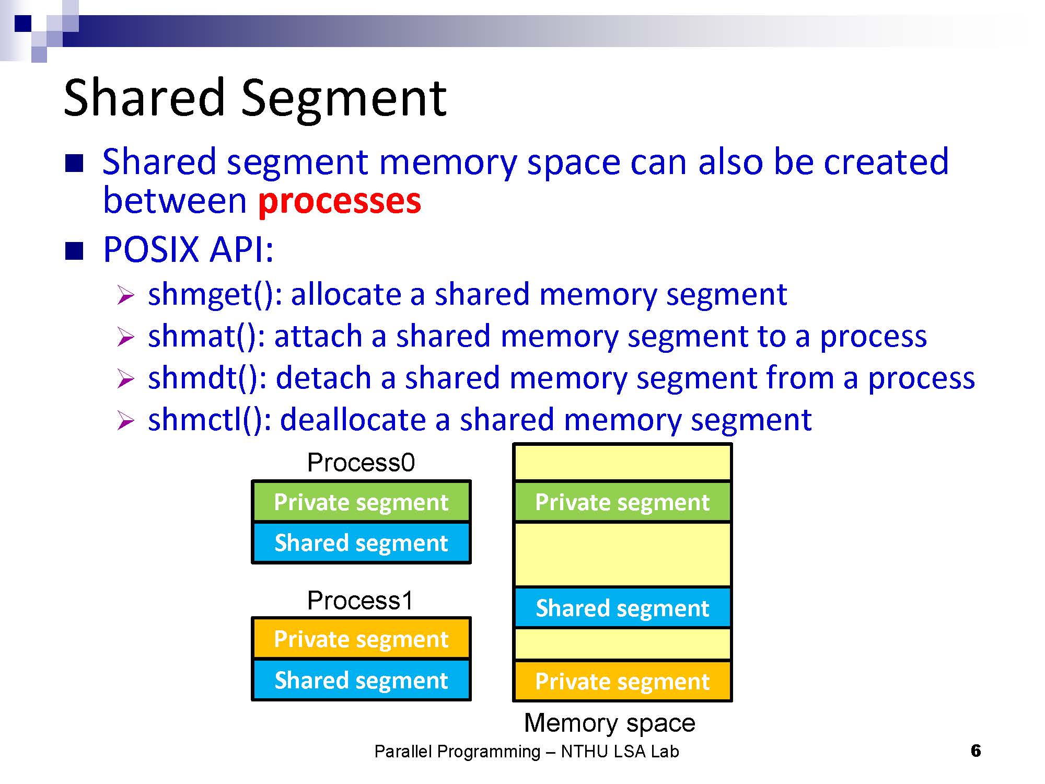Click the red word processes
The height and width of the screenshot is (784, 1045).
[340, 201]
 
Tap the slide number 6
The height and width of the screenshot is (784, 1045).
[976, 751]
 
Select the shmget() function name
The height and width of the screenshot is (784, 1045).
[212, 294]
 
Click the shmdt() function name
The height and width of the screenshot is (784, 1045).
[204, 378]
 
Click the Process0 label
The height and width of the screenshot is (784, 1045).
[361, 463]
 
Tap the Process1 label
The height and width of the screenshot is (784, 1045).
[360, 600]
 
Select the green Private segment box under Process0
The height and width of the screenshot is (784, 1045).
[361, 502]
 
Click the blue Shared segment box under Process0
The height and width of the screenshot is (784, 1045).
[361, 543]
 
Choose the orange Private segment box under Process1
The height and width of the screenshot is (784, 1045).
[361, 639]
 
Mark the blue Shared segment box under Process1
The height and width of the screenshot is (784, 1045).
[361, 680]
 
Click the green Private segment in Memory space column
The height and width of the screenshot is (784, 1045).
[622, 502]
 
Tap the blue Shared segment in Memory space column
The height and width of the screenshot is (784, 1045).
[622, 608]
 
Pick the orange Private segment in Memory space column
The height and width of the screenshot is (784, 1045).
[622, 681]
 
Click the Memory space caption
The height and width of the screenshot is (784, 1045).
[610, 723]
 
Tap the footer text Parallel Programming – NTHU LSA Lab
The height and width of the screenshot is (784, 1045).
[527, 752]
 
